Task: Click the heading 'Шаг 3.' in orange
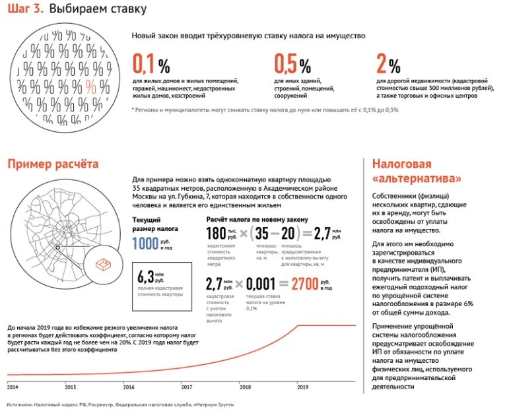[26, 10]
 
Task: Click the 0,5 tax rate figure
[285, 65]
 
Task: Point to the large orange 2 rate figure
[381, 65]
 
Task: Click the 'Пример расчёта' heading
[53, 164]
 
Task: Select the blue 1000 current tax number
[145, 243]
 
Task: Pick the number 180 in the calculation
[216, 234]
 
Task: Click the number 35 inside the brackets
[261, 234]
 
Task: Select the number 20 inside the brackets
[288, 234]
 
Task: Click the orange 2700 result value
[304, 284]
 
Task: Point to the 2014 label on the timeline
[13, 387]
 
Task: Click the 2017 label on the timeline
[187, 387]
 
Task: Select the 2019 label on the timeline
[303, 387]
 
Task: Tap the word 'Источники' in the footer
[21, 404]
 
